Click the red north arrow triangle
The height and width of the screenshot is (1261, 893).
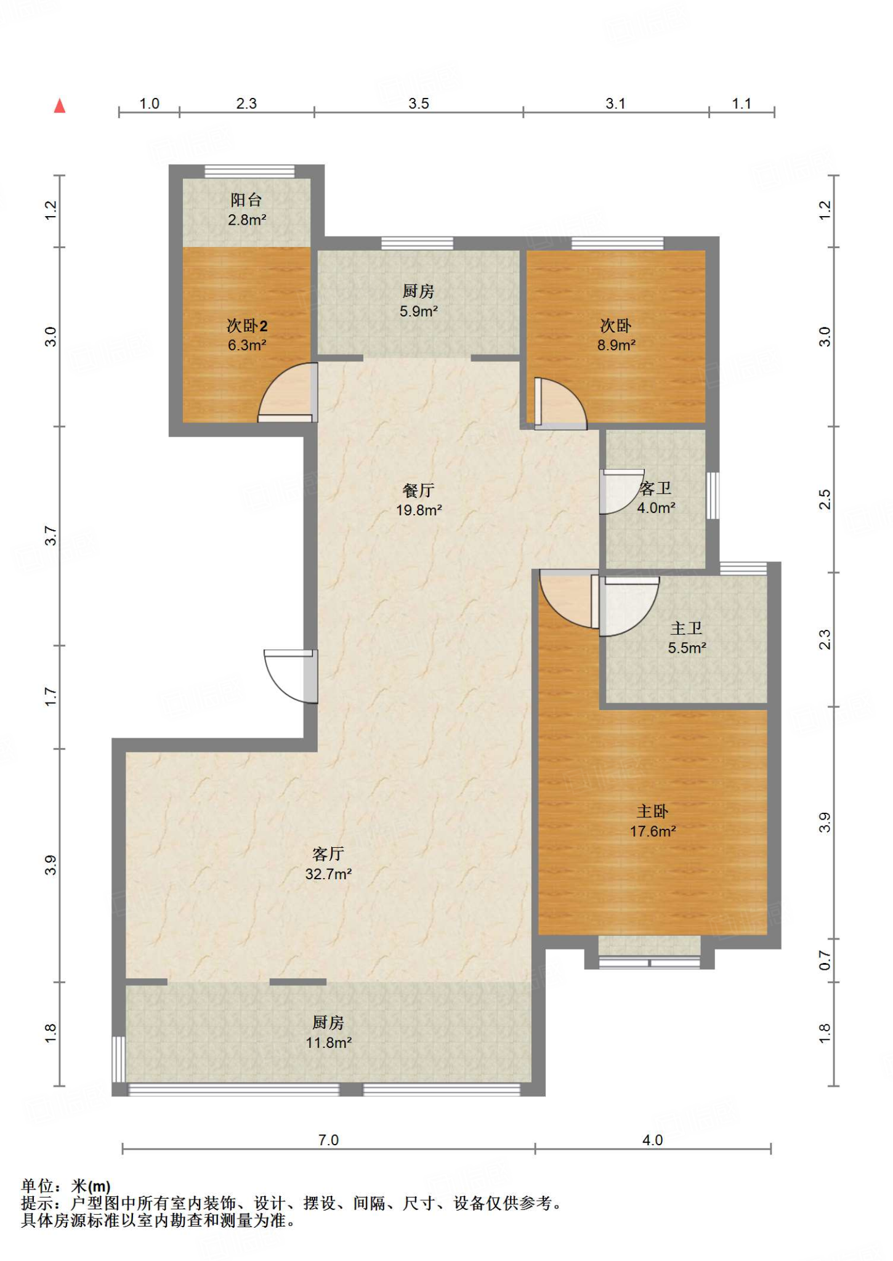click(x=60, y=106)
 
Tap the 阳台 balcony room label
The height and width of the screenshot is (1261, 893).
click(x=246, y=199)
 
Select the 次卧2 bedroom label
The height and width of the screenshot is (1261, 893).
click(x=247, y=326)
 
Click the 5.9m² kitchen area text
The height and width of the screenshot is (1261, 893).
click(x=419, y=311)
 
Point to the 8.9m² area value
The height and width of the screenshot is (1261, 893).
click(x=616, y=345)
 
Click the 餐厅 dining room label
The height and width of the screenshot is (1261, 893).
click(x=419, y=490)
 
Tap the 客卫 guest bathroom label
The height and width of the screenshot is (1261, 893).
click(x=655, y=488)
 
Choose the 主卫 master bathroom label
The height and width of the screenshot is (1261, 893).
click(x=686, y=628)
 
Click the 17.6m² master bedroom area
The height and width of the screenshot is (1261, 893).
click(x=653, y=831)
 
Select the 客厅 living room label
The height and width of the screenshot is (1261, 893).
click(x=328, y=854)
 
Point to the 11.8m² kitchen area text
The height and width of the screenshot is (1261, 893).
click(x=329, y=1042)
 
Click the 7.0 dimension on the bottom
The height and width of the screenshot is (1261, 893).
click(x=328, y=1140)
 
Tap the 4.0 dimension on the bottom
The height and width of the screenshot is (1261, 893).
click(x=652, y=1140)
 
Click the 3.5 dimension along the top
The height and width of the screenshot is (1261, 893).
click(x=419, y=103)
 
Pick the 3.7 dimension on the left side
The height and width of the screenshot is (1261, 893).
click(x=51, y=536)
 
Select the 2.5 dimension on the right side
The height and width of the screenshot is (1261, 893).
click(x=825, y=499)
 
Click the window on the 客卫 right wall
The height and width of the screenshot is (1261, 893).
click(x=713, y=496)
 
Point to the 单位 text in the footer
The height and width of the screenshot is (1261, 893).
click(x=38, y=1186)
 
